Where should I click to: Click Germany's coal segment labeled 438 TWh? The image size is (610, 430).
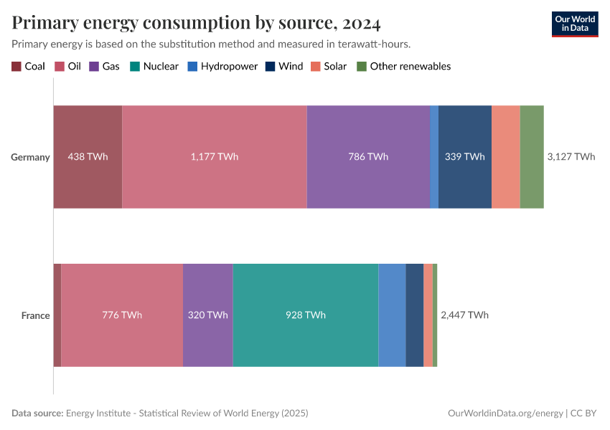click(88, 157)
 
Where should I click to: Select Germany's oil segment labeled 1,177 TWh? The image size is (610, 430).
click(214, 157)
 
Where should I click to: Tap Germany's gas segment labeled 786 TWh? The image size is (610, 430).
click(368, 157)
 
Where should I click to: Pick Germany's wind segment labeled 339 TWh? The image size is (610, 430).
click(464, 157)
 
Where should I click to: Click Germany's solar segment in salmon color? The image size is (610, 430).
click(505, 157)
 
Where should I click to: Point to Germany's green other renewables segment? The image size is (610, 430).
click(531, 157)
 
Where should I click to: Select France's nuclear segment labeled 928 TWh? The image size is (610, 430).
click(305, 315)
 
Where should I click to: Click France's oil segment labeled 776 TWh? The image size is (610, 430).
click(121, 315)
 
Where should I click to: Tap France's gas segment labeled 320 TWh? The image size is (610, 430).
click(207, 315)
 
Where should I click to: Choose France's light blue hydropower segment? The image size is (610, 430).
click(392, 315)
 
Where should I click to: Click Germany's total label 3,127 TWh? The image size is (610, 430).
click(571, 157)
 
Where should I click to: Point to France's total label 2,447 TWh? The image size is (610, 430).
click(464, 315)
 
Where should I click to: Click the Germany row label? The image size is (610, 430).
click(30, 157)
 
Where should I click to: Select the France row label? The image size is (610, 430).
click(35, 315)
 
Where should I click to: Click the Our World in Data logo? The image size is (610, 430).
click(574, 24)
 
